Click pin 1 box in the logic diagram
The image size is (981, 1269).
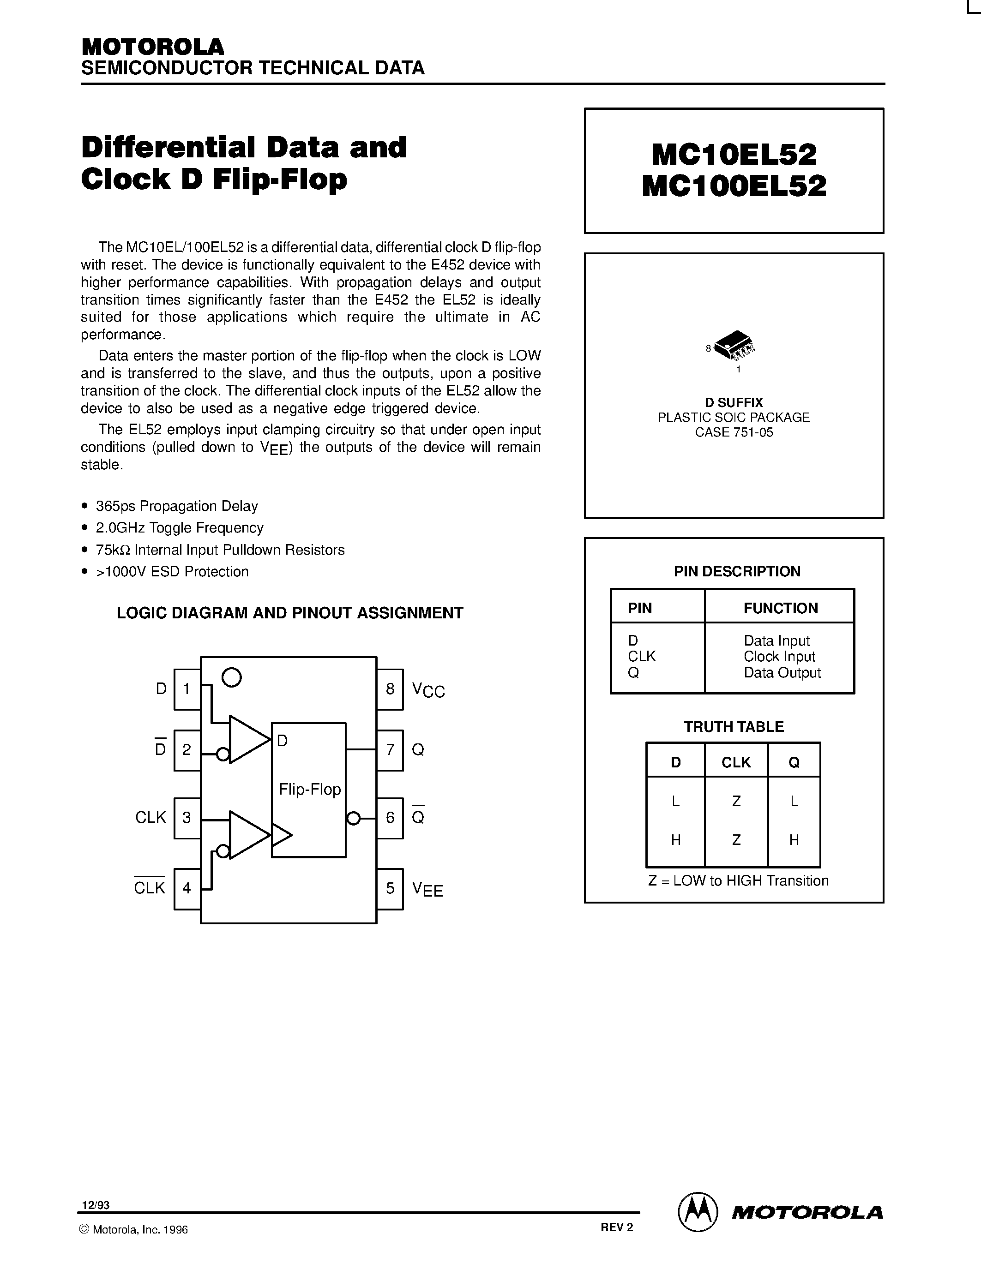click(187, 689)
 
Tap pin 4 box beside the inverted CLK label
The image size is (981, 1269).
click(187, 888)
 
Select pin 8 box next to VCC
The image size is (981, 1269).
click(390, 689)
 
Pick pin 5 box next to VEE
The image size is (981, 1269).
click(390, 888)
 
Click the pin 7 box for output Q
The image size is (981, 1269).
click(390, 749)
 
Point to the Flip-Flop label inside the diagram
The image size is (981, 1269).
click(310, 789)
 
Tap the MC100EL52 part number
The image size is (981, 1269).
click(734, 186)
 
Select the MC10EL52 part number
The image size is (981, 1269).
click(734, 155)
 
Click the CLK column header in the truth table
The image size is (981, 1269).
click(736, 762)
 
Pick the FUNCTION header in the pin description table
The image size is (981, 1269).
click(781, 608)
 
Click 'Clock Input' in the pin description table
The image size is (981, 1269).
click(779, 657)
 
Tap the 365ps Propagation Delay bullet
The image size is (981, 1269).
click(177, 506)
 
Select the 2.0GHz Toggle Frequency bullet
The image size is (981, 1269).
click(180, 527)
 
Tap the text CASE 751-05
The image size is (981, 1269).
click(734, 432)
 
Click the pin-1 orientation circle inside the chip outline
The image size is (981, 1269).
click(232, 677)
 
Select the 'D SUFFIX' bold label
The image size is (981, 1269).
click(734, 402)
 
